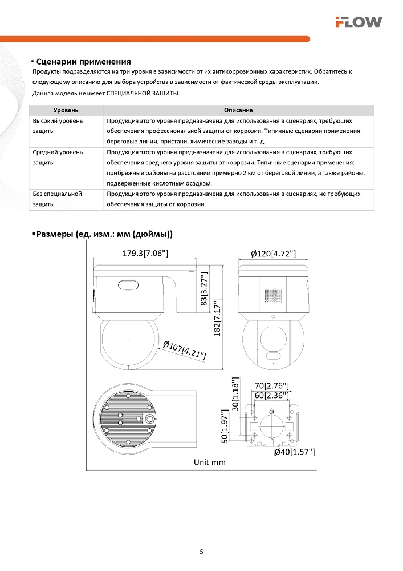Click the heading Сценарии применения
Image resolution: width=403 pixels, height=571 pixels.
[83, 62]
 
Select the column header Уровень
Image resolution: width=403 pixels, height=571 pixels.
[66, 110]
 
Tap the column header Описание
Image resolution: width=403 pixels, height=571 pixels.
[238, 110]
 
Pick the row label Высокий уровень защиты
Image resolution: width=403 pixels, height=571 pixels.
[58, 126]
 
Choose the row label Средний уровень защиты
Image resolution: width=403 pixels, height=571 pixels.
[58, 158]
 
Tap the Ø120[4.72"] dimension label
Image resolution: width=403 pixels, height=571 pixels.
[273, 254]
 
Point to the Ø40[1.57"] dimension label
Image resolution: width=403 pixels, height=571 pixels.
[294, 452]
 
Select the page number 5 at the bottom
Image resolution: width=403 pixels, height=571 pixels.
[201, 552]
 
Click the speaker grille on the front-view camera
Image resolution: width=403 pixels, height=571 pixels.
[273, 295]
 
